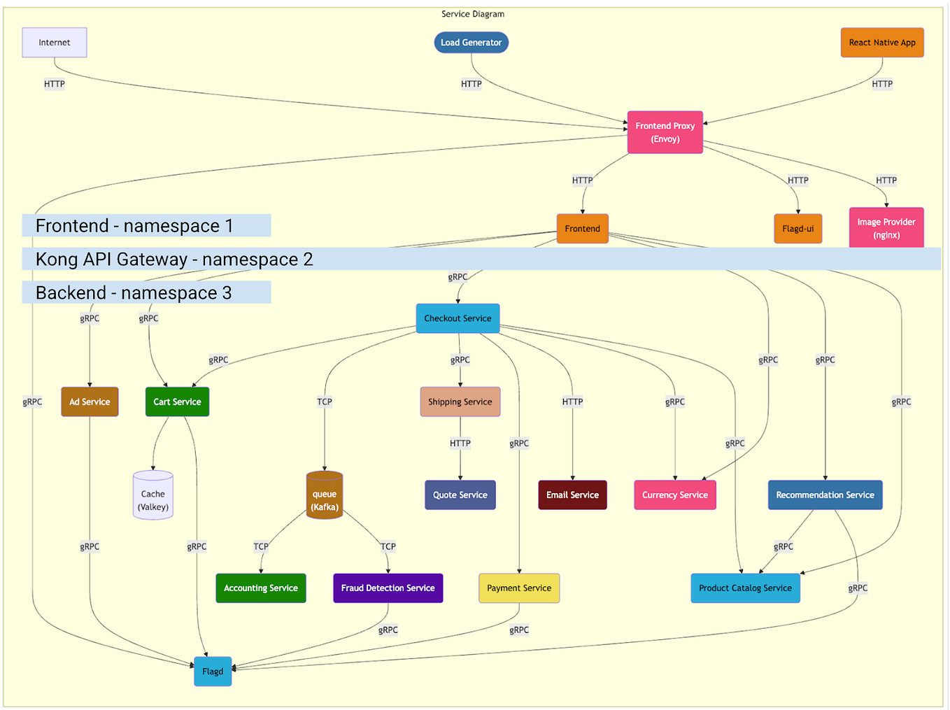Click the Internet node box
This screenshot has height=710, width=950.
click(55, 43)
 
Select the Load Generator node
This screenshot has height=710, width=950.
click(471, 43)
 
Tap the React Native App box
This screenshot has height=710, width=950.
click(881, 43)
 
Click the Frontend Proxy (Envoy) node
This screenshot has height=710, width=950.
click(665, 132)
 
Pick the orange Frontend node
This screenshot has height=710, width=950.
click(582, 229)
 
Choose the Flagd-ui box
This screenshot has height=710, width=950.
click(797, 229)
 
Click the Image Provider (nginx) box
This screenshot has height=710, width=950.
click(886, 228)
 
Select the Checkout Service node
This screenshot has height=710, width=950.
click(458, 318)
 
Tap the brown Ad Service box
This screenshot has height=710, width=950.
click(90, 402)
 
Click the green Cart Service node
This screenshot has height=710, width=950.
click(177, 402)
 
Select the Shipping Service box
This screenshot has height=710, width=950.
click(460, 402)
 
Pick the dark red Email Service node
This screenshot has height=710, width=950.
click(572, 495)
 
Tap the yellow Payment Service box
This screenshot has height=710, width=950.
click(518, 588)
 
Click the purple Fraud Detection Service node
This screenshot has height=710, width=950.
click(388, 588)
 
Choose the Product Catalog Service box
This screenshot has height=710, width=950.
click(745, 588)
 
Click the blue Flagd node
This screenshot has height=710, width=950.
click(213, 672)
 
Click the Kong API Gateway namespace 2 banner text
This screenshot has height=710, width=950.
click(174, 260)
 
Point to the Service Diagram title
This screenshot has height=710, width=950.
click(472, 14)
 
